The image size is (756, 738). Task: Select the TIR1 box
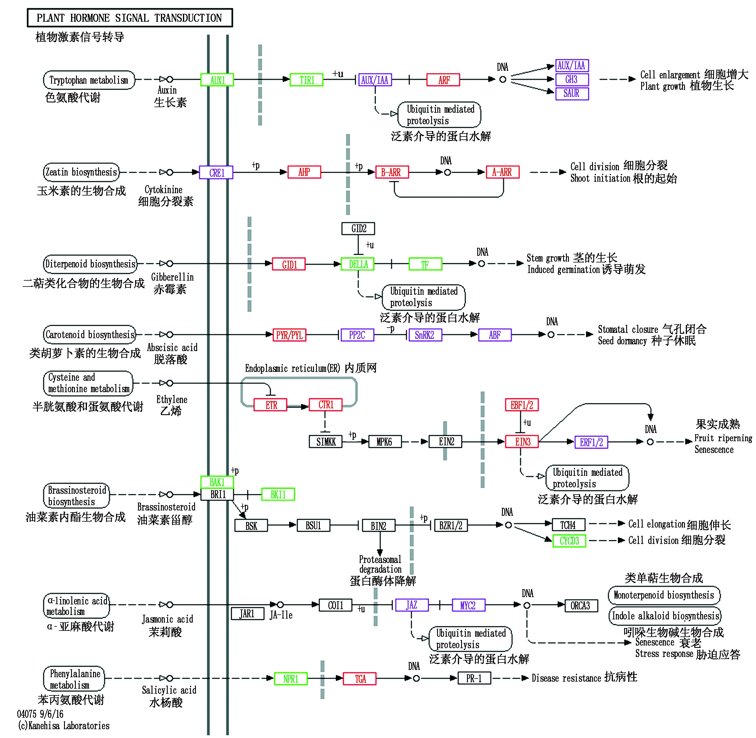pyautogui.click(x=306, y=80)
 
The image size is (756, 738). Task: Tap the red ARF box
pyautogui.click(x=443, y=80)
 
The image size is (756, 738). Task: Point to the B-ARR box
pyautogui.click(x=392, y=172)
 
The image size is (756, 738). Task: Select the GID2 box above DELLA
pyautogui.click(x=358, y=228)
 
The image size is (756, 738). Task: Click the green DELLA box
pyautogui.click(x=357, y=264)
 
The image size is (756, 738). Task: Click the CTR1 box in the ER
pyautogui.click(x=325, y=405)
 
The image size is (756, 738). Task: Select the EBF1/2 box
pyautogui.click(x=522, y=405)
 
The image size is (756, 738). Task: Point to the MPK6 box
pyautogui.click(x=384, y=442)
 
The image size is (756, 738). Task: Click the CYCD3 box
pyautogui.click(x=569, y=540)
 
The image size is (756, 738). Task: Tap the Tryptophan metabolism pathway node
pyautogui.click(x=89, y=80)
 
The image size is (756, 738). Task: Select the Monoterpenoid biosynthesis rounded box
pyautogui.click(x=664, y=595)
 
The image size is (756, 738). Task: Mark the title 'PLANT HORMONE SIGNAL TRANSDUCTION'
pyautogui.click(x=130, y=18)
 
